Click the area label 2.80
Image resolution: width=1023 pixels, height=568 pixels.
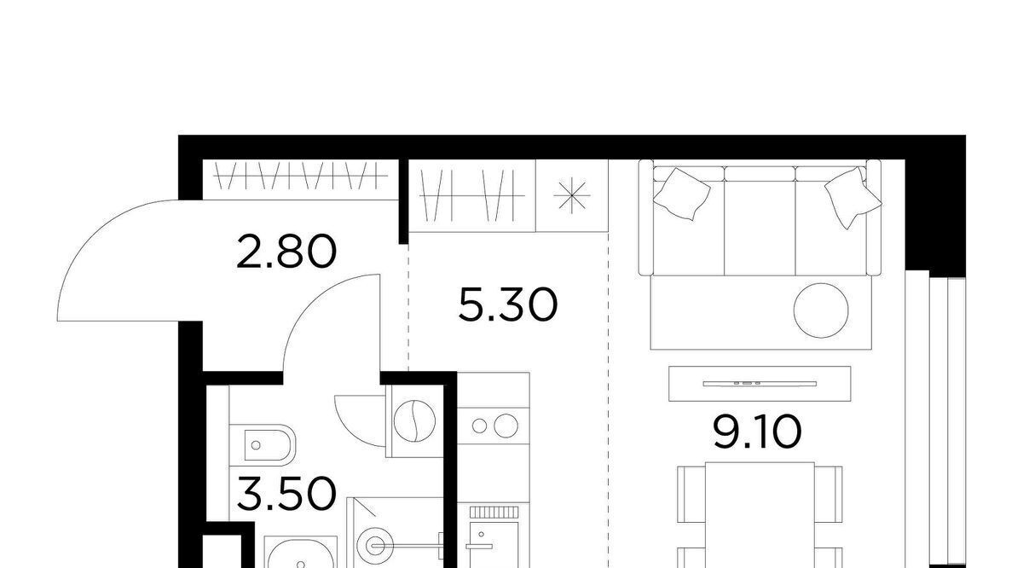(x=286, y=252)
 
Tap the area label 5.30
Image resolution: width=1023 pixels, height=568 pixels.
(x=508, y=304)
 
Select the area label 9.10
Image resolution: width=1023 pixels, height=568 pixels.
(x=757, y=432)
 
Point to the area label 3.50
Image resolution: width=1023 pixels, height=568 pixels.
(x=286, y=494)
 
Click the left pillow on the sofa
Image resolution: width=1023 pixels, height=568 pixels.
(x=681, y=194)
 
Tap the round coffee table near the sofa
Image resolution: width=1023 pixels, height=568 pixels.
(x=821, y=310)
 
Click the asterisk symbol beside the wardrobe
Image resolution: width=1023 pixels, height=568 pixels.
(x=571, y=196)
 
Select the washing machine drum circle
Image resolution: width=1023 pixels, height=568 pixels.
(x=414, y=420)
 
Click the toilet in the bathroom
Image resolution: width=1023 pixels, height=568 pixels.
(x=262, y=445)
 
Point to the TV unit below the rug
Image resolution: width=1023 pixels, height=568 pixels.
(x=760, y=384)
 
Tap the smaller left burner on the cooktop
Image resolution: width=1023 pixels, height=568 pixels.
(x=479, y=426)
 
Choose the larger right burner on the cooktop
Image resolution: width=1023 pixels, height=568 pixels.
(x=506, y=426)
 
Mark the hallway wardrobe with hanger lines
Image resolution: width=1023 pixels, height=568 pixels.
(x=300, y=179)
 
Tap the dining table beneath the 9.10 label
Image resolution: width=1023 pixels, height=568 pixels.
(x=760, y=515)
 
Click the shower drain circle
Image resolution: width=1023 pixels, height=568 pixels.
(x=374, y=545)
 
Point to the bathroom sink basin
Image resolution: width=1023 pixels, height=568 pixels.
(x=300, y=554)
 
